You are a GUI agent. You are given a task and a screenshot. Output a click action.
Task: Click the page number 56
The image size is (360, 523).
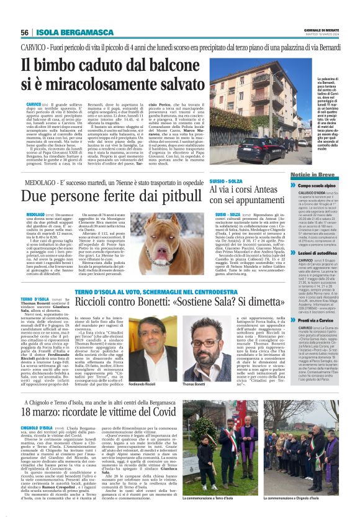point(25,32)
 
